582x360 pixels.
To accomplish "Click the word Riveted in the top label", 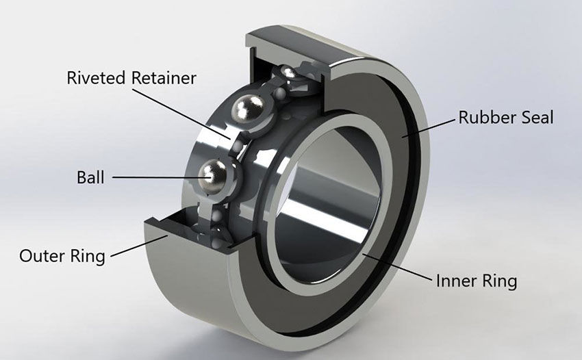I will (94, 78).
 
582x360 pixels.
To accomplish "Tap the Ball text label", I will (90, 178).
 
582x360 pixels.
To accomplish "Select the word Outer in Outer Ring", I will (42, 257).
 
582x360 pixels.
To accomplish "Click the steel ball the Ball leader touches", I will (215, 176).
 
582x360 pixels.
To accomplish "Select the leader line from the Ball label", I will (157, 177).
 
